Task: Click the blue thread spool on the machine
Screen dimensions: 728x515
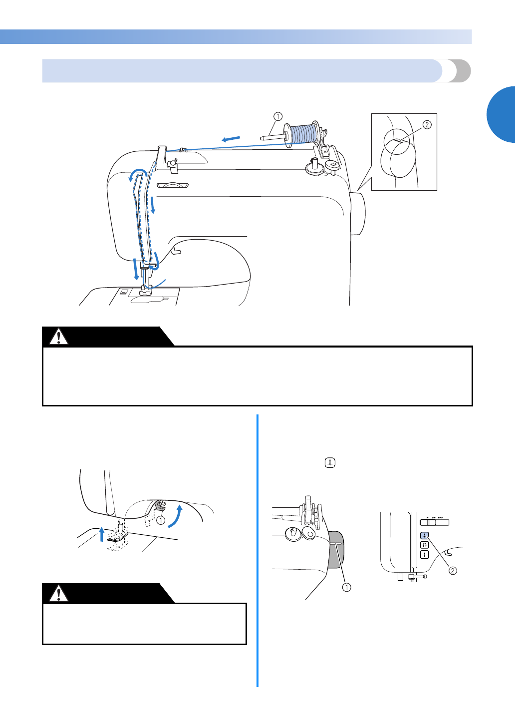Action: [303, 134]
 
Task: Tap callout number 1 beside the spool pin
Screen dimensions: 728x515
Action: [278, 117]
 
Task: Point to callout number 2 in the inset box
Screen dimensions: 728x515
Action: [427, 125]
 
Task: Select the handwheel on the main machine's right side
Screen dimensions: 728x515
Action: [357, 213]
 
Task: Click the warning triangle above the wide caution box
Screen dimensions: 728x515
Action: [59, 337]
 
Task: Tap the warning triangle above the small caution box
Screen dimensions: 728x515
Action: [59, 594]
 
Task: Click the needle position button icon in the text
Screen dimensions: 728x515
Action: [330, 463]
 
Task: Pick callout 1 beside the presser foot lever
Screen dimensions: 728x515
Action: [161, 520]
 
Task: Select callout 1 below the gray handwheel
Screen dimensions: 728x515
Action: [346, 587]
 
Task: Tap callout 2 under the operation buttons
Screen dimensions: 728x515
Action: [453, 571]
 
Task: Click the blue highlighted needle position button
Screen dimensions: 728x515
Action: [425, 536]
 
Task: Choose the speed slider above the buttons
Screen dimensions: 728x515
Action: [434, 522]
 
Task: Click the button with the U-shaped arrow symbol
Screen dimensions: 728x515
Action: [425, 545]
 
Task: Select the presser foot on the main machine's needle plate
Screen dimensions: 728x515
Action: [145, 292]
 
